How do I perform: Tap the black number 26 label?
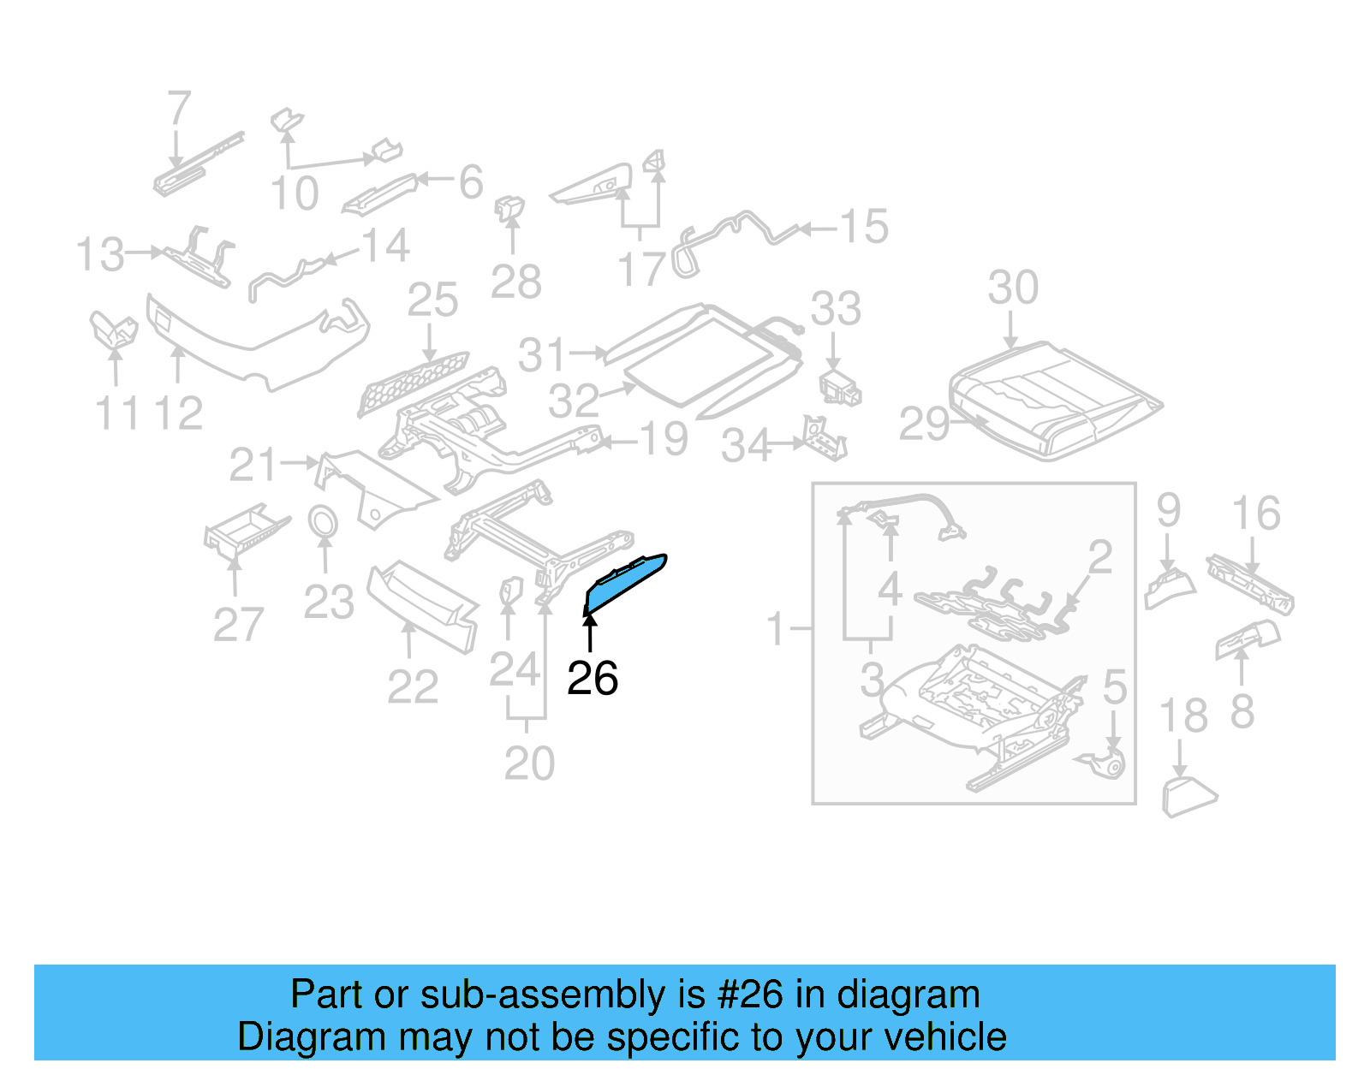pos(592,679)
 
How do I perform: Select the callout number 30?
pos(1013,288)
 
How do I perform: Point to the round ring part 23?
pos(323,521)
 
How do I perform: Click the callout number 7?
pos(178,110)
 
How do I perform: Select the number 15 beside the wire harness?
pos(863,227)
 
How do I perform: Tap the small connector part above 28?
pos(510,207)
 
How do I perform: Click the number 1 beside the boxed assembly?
pos(776,629)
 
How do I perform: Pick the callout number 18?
pos(1182,716)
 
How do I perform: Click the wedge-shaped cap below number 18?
pos(1187,797)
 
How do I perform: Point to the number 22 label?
pos(412,686)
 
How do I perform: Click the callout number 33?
pos(836,309)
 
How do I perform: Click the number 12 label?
pos(178,413)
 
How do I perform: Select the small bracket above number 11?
pos(113,330)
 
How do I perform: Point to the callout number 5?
pos(1114,686)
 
